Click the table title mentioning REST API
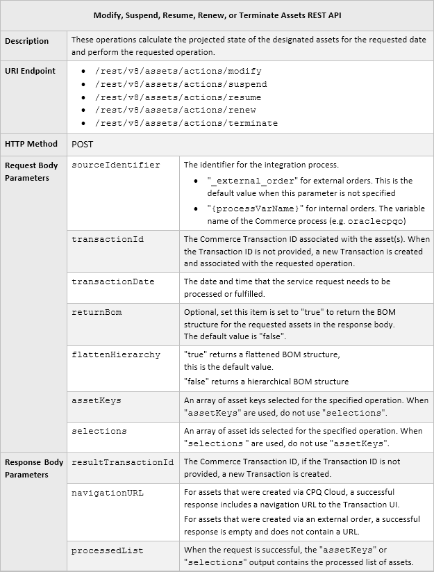(217, 15)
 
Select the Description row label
(27, 41)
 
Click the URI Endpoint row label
(30, 71)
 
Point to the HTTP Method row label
(31, 144)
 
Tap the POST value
(83, 144)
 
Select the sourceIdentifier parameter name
(116, 165)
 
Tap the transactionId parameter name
(108, 239)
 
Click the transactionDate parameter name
(113, 282)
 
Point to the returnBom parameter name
(97, 312)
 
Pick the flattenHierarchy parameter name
(116, 354)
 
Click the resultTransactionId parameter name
(123, 462)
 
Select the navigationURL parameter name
(108, 493)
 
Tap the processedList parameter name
(108, 550)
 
